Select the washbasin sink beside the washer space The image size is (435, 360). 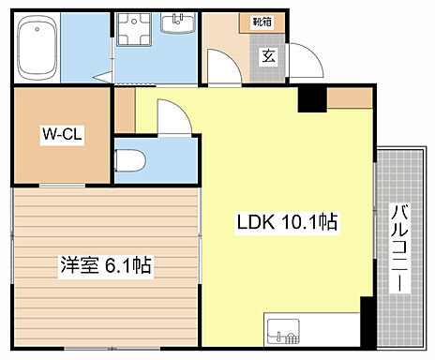177,25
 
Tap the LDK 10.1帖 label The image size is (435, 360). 286,223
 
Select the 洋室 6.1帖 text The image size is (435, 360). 105,265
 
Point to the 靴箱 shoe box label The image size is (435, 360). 262,20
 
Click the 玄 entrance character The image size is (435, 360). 268,54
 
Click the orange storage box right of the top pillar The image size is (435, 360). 349,97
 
